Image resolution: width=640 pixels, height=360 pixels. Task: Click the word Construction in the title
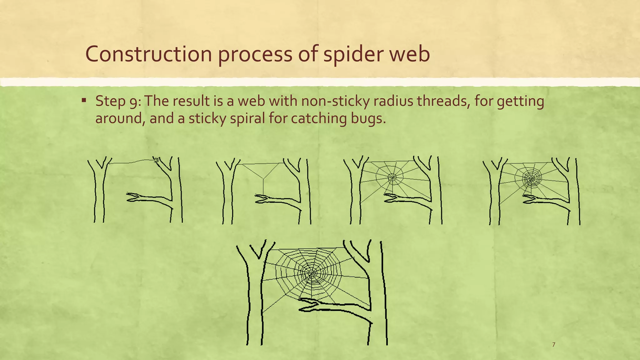click(148, 54)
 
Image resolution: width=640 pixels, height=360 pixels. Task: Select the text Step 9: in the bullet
click(118, 101)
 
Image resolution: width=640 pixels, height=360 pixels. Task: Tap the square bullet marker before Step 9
click(84, 101)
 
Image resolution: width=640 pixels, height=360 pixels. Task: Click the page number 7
click(553, 345)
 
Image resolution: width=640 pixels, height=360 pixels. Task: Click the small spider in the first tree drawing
click(156, 160)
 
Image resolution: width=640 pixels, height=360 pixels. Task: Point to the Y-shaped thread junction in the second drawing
click(263, 179)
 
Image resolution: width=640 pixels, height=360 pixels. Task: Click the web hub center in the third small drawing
click(392, 178)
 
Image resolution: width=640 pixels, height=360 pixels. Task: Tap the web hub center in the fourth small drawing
click(531, 179)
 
